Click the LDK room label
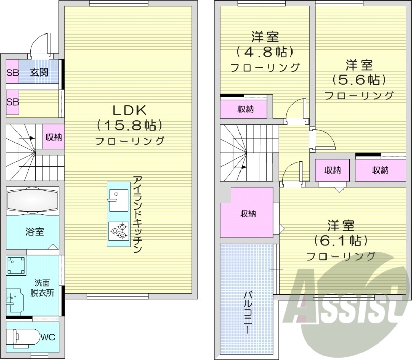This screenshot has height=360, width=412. pos(130,110)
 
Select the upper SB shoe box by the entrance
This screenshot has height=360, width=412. pos(12,73)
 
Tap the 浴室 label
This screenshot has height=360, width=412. pos(34,232)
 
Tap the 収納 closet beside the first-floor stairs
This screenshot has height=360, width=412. pos(54,138)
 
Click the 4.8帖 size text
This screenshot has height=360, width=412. pos(265,52)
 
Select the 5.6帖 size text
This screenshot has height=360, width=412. pos(359,80)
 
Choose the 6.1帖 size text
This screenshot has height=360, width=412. pos(340,240)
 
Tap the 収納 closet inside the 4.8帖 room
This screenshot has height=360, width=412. pos(245,109)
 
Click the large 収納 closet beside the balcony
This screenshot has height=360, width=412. pos(247,213)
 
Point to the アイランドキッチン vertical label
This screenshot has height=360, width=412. pos(137,215)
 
